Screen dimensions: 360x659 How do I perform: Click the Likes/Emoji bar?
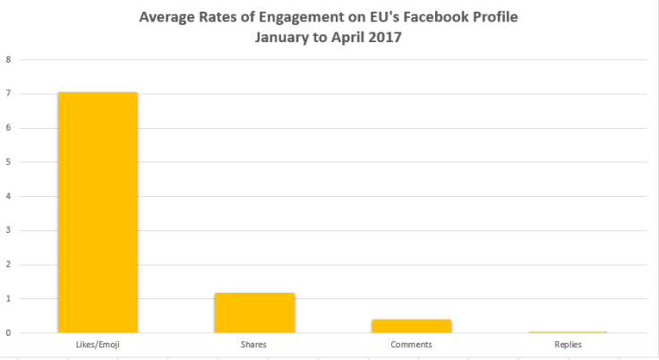point(98,212)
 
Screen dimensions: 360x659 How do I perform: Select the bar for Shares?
point(254,313)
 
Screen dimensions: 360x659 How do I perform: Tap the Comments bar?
point(411,326)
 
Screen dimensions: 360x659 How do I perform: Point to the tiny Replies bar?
point(568,332)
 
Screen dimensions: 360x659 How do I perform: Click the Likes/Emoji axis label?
point(98,345)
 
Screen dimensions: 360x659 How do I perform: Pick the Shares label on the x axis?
point(254,345)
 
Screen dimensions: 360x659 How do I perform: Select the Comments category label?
point(411,345)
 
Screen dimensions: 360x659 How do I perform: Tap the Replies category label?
point(568,345)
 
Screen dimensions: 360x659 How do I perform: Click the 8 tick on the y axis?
point(8,60)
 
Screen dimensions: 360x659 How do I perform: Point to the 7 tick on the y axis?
point(8,94)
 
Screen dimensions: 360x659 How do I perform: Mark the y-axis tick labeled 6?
point(8,128)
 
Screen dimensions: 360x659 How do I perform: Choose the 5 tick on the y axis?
point(8,162)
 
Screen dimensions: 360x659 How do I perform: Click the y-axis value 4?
point(8,196)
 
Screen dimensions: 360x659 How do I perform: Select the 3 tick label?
point(8,230)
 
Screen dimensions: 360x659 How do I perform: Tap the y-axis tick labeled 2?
point(8,265)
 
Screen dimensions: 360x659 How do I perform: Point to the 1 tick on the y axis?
point(8,299)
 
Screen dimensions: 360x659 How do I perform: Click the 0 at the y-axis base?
point(8,333)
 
